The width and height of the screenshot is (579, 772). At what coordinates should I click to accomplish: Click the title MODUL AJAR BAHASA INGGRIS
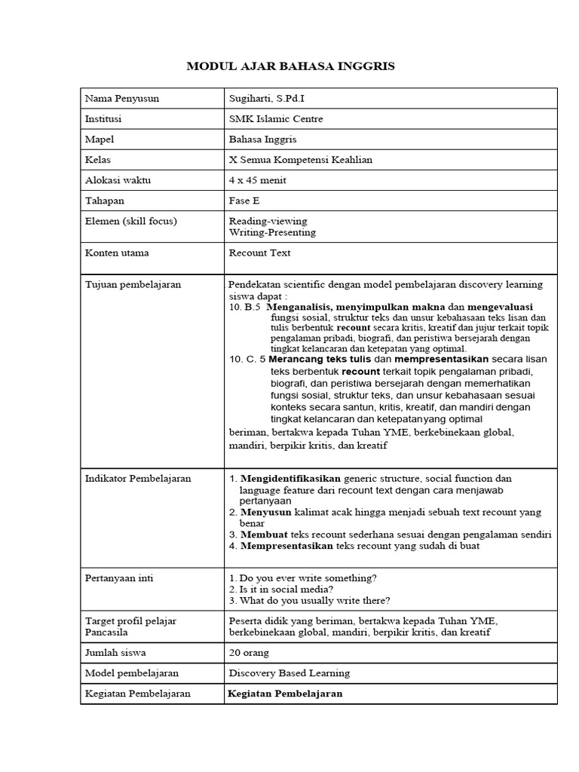290,67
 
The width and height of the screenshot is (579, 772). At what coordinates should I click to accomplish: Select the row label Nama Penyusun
121,99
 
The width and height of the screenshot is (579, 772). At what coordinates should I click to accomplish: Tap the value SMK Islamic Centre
272,119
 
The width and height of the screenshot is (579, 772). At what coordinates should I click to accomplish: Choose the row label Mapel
100,139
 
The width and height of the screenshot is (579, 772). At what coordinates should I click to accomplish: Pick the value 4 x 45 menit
257,180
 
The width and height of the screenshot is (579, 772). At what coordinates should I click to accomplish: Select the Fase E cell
244,201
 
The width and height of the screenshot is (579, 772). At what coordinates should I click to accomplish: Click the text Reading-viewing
268,221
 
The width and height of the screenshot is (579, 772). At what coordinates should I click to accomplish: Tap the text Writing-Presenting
272,232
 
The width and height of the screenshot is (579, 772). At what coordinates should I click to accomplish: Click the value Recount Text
259,253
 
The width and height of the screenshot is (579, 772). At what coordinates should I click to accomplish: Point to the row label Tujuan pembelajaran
133,284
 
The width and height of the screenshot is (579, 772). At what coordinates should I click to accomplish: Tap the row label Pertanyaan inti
118,577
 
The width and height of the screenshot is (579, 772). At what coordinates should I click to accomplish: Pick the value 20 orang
248,652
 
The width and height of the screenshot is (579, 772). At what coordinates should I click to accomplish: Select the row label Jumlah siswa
115,652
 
